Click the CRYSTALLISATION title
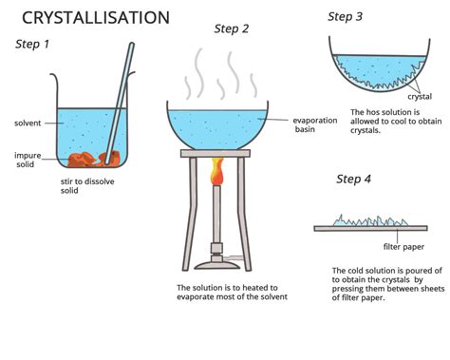click(x=96, y=18)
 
